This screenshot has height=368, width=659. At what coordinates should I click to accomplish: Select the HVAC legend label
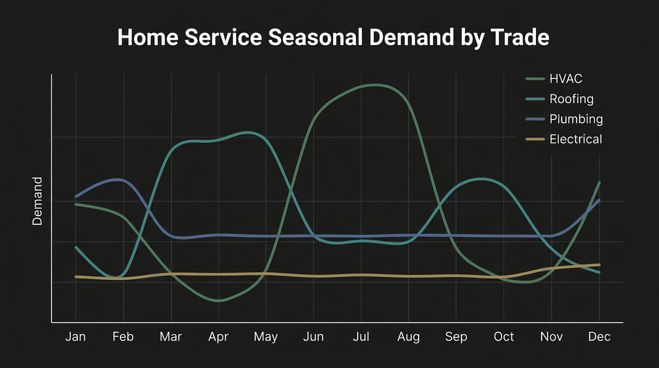(x=566, y=79)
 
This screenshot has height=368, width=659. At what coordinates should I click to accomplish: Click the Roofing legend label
(x=571, y=99)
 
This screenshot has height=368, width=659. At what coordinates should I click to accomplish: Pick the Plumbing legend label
(x=576, y=119)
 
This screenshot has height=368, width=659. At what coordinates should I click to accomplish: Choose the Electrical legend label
(x=576, y=139)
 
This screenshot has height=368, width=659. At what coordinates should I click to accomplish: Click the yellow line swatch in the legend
(x=535, y=139)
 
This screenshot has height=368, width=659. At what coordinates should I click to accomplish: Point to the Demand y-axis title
(x=37, y=201)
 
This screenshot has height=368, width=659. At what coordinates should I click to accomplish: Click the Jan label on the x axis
(x=76, y=337)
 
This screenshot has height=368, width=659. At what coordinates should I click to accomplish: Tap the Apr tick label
(x=218, y=337)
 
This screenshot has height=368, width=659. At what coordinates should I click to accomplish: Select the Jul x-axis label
(x=361, y=337)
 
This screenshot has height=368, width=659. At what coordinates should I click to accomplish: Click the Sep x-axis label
(x=456, y=337)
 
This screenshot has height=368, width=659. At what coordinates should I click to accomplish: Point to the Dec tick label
(x=599, y=337)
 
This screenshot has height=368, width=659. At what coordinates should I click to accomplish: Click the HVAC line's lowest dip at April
(x=219, y=301)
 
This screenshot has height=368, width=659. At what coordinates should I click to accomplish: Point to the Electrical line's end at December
(x=599, y=264)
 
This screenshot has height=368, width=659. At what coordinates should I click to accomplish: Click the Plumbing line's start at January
(x=76, y=196)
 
